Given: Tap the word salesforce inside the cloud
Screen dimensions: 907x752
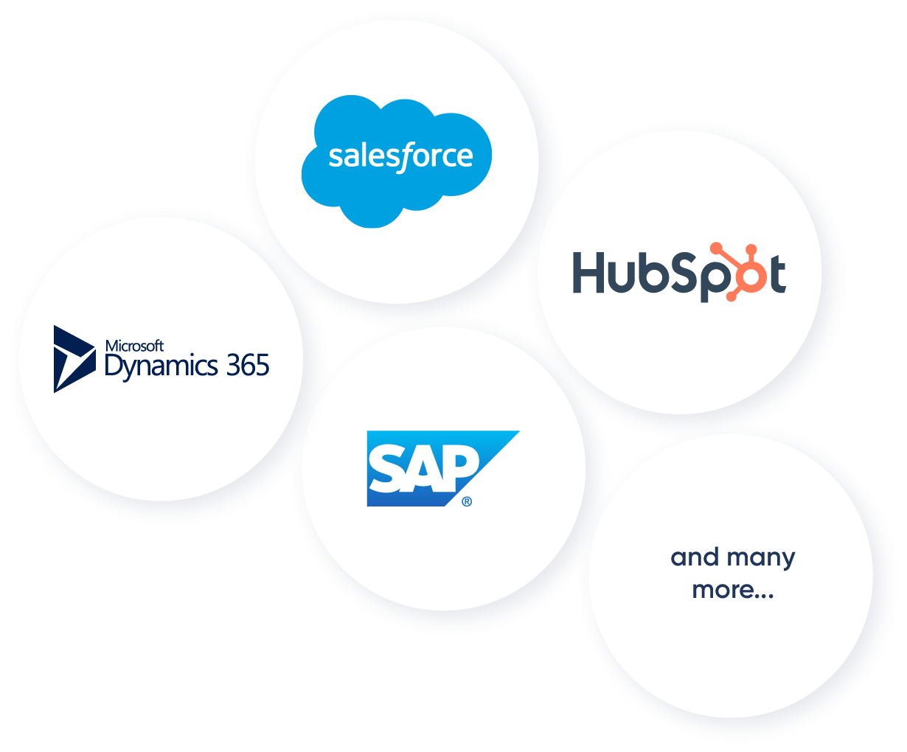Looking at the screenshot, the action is pyautogui.click(x=400, y=156).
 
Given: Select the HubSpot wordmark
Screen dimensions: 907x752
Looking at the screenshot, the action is pyautogui.click(x=678, y=273).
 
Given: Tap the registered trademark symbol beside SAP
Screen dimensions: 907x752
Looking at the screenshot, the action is pyautogui.click(x=466, y=502).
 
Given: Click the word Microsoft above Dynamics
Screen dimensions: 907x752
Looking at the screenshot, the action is pyautogui.click(x=134, y=346).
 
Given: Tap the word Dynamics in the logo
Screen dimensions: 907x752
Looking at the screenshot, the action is pyautogui.click(x=161, y=366).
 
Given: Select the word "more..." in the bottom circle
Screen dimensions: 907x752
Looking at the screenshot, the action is pyautogui.click(x=732, y=590).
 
